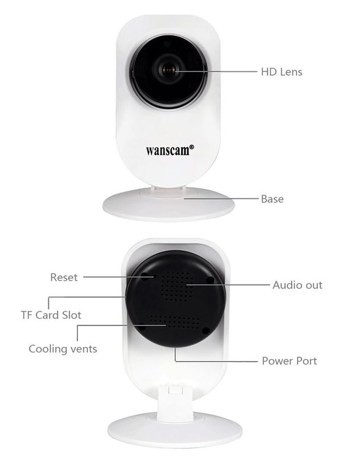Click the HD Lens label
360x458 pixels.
(282, 72)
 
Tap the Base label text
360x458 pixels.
(272, 199)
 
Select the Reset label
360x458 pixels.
(64, 277)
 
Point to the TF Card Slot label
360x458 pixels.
(51, 315)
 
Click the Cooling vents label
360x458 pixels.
(63, 349)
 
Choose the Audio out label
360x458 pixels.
(298, 285)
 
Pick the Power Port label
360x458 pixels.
(289, 361)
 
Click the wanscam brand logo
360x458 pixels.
(170, 150)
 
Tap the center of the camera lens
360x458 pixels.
(169, 70)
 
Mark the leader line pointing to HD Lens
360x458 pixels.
(216, 71)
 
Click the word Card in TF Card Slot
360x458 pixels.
(47, 315)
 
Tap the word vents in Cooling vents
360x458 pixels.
(84, 349)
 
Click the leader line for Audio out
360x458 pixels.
(228, 285)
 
